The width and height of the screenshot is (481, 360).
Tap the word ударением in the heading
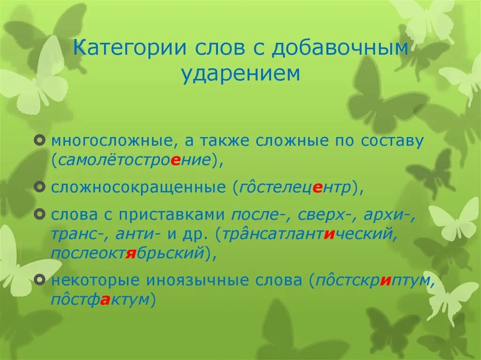click(240, 74)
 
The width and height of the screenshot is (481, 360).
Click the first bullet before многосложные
click(41, 141)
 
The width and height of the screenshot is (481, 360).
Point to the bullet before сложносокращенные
click(41, 187)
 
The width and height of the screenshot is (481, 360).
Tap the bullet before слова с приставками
click(41, 214)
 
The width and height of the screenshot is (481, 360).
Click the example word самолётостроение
click(135, 160)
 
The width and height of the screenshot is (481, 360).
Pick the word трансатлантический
click(308, 233)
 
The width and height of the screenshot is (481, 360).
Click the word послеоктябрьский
click(127, 253)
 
